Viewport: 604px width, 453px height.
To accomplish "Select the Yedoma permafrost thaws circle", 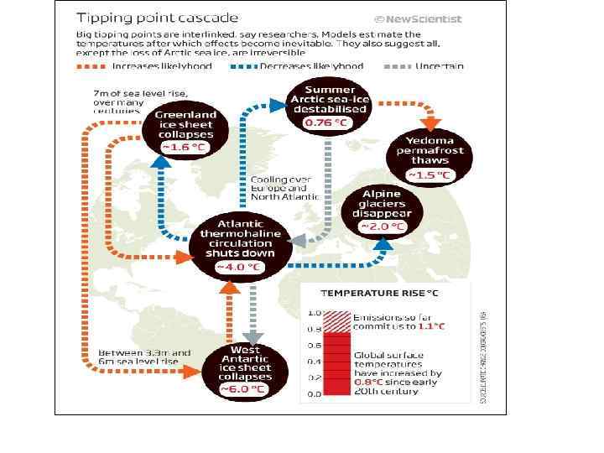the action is point(430,156).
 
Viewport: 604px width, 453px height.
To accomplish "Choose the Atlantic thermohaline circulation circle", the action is point(240,246).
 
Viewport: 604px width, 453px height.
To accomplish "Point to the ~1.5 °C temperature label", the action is point(430,175).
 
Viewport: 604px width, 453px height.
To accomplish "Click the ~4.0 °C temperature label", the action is point(240,268).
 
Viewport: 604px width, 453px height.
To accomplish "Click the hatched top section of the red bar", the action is point(336,320).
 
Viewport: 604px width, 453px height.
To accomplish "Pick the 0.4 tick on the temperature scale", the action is point(313,362).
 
